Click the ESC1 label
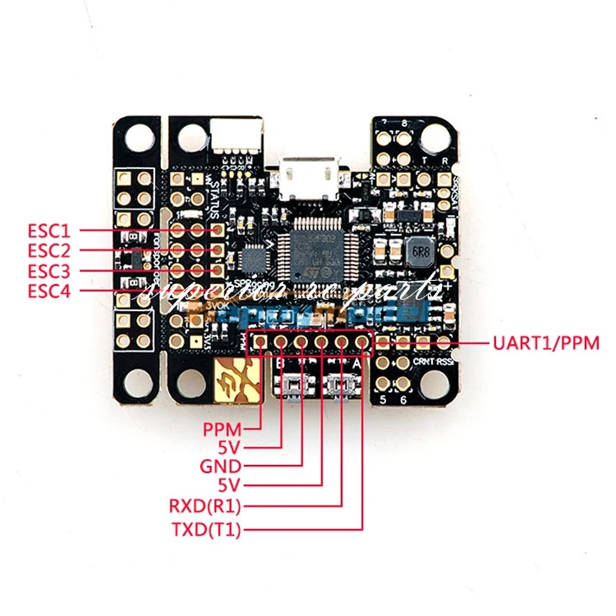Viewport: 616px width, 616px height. click(x=49, y=229)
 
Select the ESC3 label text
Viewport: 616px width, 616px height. click(x=49, y=270)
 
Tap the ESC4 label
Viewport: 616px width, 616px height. click(x=49, y=290)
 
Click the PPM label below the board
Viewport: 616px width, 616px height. click(x=223, y=428)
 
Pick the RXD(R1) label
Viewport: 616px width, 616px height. click(x=205, y=506)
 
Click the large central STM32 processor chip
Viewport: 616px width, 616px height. click(x=317, y=250)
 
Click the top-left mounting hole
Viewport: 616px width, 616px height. click(x=139, y=138)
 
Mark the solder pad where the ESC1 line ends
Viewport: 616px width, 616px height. click(x=218, y=229)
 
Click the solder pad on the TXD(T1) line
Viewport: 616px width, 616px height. click(x=362, y=342)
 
